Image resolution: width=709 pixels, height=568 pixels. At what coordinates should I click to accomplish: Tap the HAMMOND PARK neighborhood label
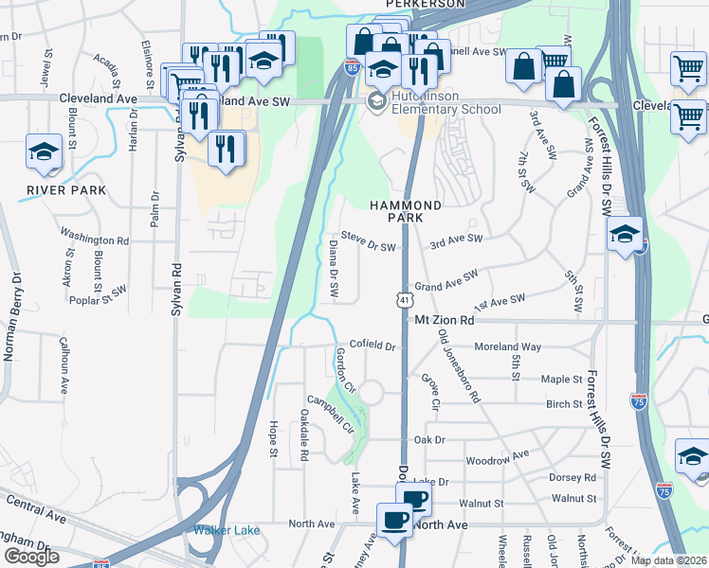pyautogui.click(x=406, y=211)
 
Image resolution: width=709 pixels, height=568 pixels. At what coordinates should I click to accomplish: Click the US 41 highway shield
pyautogui.click(x=404, y=299)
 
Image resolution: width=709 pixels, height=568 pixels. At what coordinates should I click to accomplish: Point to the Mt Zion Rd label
pyautogui.click(x=444, y=321)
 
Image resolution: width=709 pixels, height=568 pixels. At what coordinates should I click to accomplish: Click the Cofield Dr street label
pyautogui.click(x=372, y=346)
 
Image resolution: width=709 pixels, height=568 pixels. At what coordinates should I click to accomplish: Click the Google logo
pyautogui.click(x=31, y=557)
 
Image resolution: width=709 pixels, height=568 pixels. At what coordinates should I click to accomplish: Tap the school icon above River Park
pyautogui.click(x=44, y=152)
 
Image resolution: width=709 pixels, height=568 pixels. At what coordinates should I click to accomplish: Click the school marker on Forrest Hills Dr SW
pyautogui.click(x=625, y=234)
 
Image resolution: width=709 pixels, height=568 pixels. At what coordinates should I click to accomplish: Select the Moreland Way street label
pyautogui.click(x=507, y=347)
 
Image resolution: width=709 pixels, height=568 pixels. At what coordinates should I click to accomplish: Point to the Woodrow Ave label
pyautogui.click(x=497, y=459)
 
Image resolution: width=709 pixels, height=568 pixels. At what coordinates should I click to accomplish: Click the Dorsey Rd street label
pyautogui.click(x=577, y=478)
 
